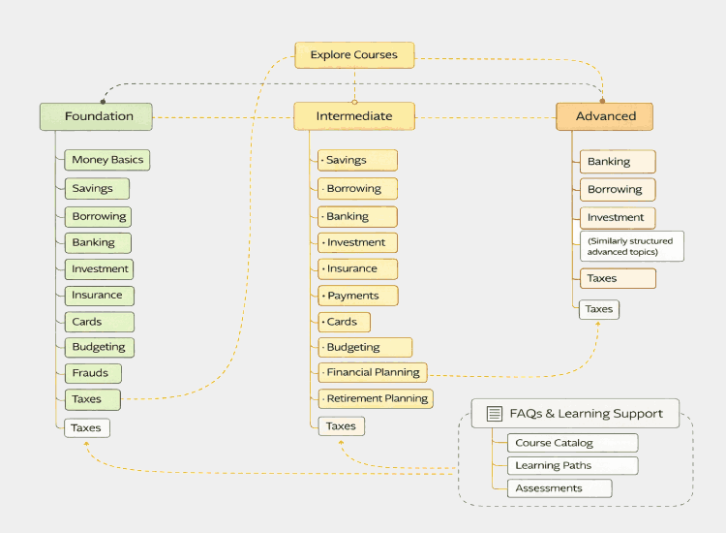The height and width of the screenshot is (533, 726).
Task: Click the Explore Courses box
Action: pos(354,55)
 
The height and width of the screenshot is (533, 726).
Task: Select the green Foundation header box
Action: pos(96,116)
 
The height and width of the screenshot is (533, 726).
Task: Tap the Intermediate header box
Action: pos(354,116)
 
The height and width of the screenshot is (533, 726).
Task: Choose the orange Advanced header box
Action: pos(605,116)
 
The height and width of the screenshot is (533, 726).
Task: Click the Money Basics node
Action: pos(108,160)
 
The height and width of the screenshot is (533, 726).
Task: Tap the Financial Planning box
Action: pos(373,372)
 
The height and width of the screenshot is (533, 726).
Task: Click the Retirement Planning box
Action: pos(376,398)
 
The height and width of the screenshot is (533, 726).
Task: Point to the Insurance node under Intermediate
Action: pos(356,268)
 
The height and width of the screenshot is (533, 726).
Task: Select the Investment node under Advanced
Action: pos(618,217)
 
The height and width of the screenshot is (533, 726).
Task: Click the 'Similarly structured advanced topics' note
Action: pos(631,246)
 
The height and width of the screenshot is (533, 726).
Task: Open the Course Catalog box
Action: pos(572,443)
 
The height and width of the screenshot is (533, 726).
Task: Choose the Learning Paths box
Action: pos(572,466)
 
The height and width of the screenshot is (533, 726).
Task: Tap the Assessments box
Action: pos(560,488)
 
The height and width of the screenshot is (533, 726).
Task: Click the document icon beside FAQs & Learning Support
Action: pos(494,414)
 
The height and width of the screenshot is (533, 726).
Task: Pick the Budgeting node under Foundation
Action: pos(99,347)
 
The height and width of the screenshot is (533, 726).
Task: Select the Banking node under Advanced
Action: pos(618,162)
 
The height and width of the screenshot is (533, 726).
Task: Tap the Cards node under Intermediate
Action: pos(344,322)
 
